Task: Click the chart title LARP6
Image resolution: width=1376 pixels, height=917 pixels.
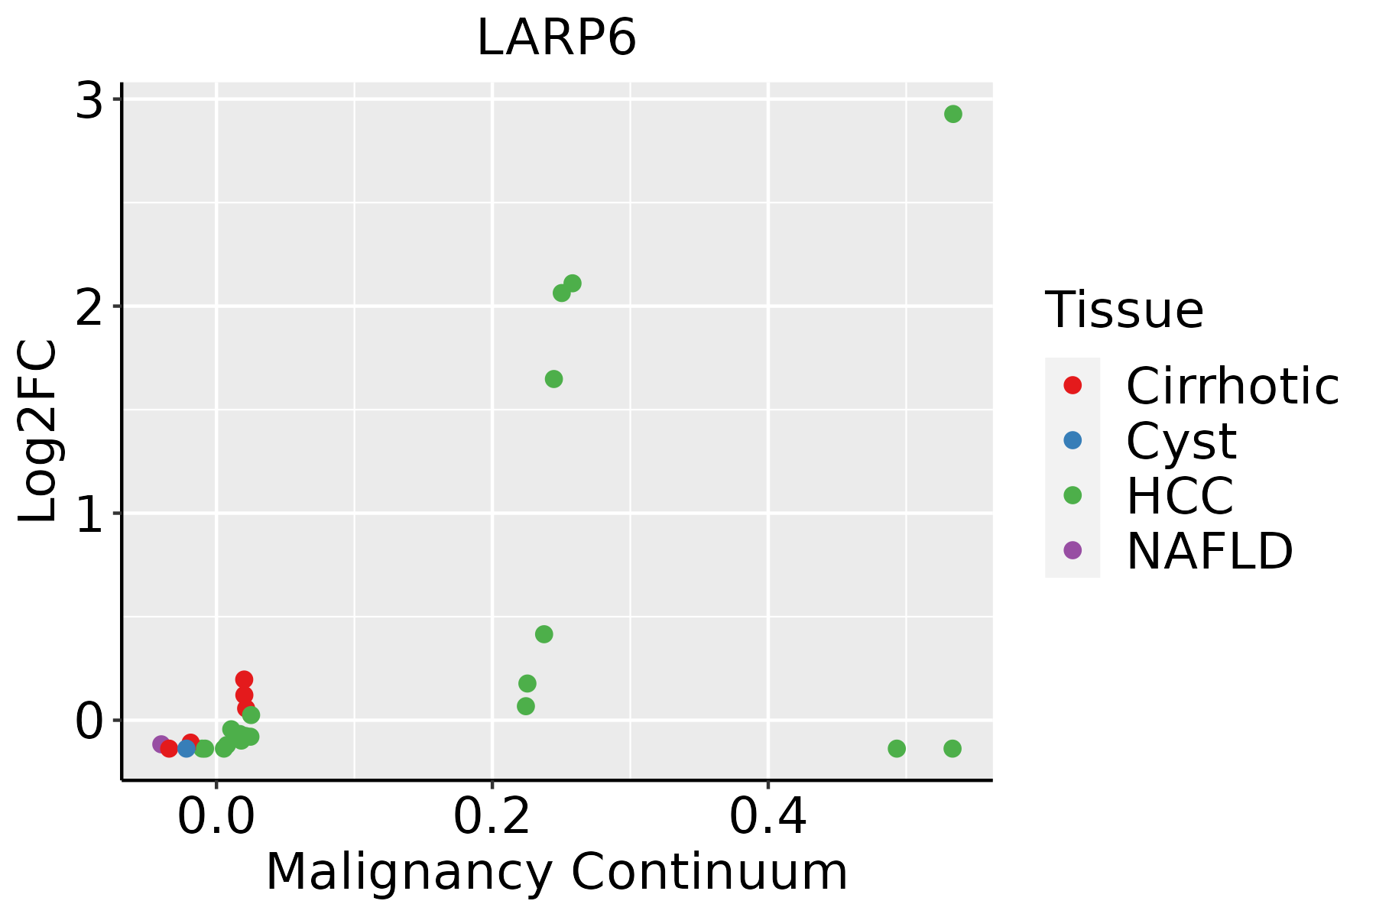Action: pyautogui.click(x=557, y=38)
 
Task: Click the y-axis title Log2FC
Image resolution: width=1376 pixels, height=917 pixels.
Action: pyautogui.click(x=38, y=432)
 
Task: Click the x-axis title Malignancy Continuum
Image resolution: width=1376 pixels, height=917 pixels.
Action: pyautogui.click(x=557, y=872)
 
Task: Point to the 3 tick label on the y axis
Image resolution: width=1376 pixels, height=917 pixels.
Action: pyautogui.click(x=89, y=101)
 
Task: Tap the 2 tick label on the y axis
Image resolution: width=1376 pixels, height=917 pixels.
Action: pyautogui.click(x=89, y=307)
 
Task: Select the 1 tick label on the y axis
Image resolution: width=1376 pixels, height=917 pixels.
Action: pyautogui.click(x=89, y=514)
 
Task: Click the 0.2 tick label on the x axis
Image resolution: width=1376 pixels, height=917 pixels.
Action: pyautogui.click(x=492, y=818)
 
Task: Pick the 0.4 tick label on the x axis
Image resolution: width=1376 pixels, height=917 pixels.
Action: pyautogui.click(x=768, y=818)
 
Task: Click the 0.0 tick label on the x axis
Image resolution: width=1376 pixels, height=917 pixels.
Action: pyautogui.click(x=216, y=818)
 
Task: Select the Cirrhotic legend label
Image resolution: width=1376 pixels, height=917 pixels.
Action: pyautogui.click(x=1232, y=386)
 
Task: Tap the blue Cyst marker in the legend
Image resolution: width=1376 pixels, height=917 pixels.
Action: pyautogui.click(x=1073, y=440)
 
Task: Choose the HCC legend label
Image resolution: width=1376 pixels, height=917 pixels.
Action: pyautogui.click(x=1180, y=495)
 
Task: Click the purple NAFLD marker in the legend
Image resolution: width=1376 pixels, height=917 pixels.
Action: pyautogui.click(x=1073, y=549)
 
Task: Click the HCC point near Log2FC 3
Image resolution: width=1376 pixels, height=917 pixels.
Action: pyautogui.click(x=952, y=114)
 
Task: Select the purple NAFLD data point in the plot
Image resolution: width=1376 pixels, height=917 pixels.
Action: pyautogui.click(x=161, y=744)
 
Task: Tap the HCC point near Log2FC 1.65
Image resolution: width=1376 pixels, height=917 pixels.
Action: pyautogui.click(x=554, y=379)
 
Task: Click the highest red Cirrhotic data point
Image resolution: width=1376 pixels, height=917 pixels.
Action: pyautogui.click(x=244, y=679)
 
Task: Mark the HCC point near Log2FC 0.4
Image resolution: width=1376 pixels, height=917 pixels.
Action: pyautogui.click(x=544, y=634)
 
